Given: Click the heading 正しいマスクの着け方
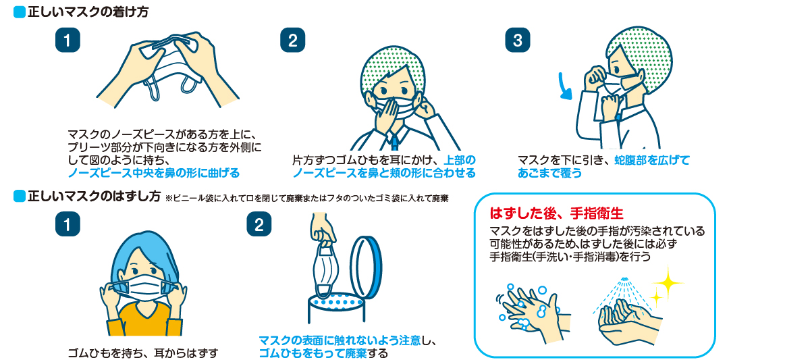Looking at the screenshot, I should click(88, 13).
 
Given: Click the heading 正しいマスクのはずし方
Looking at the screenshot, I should click(93, 197).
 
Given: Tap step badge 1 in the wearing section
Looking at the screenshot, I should click(67, 40).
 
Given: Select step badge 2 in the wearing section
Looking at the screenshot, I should click(292, 40).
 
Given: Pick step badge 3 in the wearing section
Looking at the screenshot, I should click(518, 40).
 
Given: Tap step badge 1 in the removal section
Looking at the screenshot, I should click(67, 224).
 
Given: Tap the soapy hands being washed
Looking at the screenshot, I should click(530, 307).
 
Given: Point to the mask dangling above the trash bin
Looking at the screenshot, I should click(327, 270).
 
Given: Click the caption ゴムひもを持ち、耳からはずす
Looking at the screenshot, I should click(144, 353).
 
